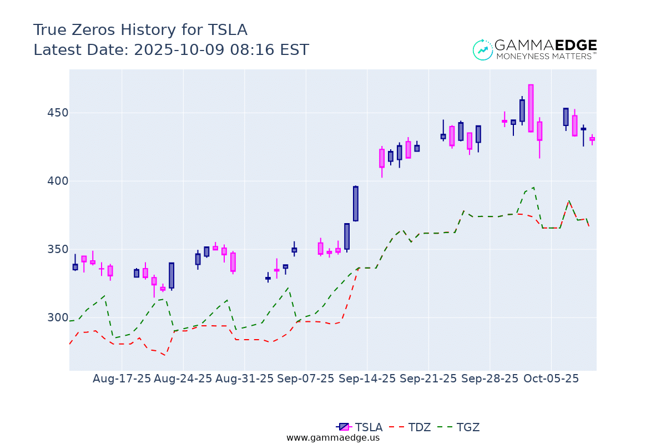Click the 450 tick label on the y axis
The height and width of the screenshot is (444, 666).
[58, 113]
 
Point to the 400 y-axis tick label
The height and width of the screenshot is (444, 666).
[58, 181]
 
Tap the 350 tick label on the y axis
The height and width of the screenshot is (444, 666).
[58, 249]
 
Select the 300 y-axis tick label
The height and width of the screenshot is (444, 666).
[58, 317]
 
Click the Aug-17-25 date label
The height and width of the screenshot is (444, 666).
[122, 379]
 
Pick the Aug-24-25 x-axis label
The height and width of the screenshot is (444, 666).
[183, 379]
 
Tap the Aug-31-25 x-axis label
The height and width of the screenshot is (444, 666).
[244, 379]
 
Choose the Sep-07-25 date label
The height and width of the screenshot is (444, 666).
[306, 379]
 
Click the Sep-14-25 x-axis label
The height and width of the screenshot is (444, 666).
[367, 379]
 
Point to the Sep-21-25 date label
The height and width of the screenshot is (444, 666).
[428, 379]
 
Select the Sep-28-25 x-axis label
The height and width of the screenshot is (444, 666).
[490, 379]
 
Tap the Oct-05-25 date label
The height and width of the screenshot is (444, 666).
[551, 379]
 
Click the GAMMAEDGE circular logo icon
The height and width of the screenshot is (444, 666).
[483, 50]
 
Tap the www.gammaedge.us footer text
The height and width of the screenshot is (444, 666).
[333, 438]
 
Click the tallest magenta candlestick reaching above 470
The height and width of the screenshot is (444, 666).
[531, 108]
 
